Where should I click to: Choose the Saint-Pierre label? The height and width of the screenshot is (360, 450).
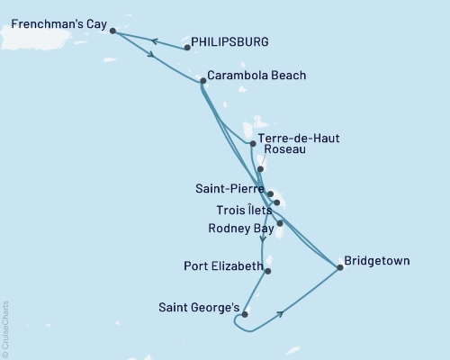click(x=229, y=190)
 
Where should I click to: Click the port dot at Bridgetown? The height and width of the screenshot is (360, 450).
click(x=339, y=266)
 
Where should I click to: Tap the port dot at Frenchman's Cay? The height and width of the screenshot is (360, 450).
click(x=112, y=31)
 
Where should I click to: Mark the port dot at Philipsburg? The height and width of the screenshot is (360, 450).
click(x=186, y=47)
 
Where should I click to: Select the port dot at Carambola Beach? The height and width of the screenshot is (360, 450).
click(x=202, y=81)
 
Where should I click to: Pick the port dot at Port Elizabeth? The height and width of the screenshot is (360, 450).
click(x=268, y=270)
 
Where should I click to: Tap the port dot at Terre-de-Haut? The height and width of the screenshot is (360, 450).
click(x=251, y=142)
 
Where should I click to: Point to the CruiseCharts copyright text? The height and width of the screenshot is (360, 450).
click(x=6, y=328)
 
